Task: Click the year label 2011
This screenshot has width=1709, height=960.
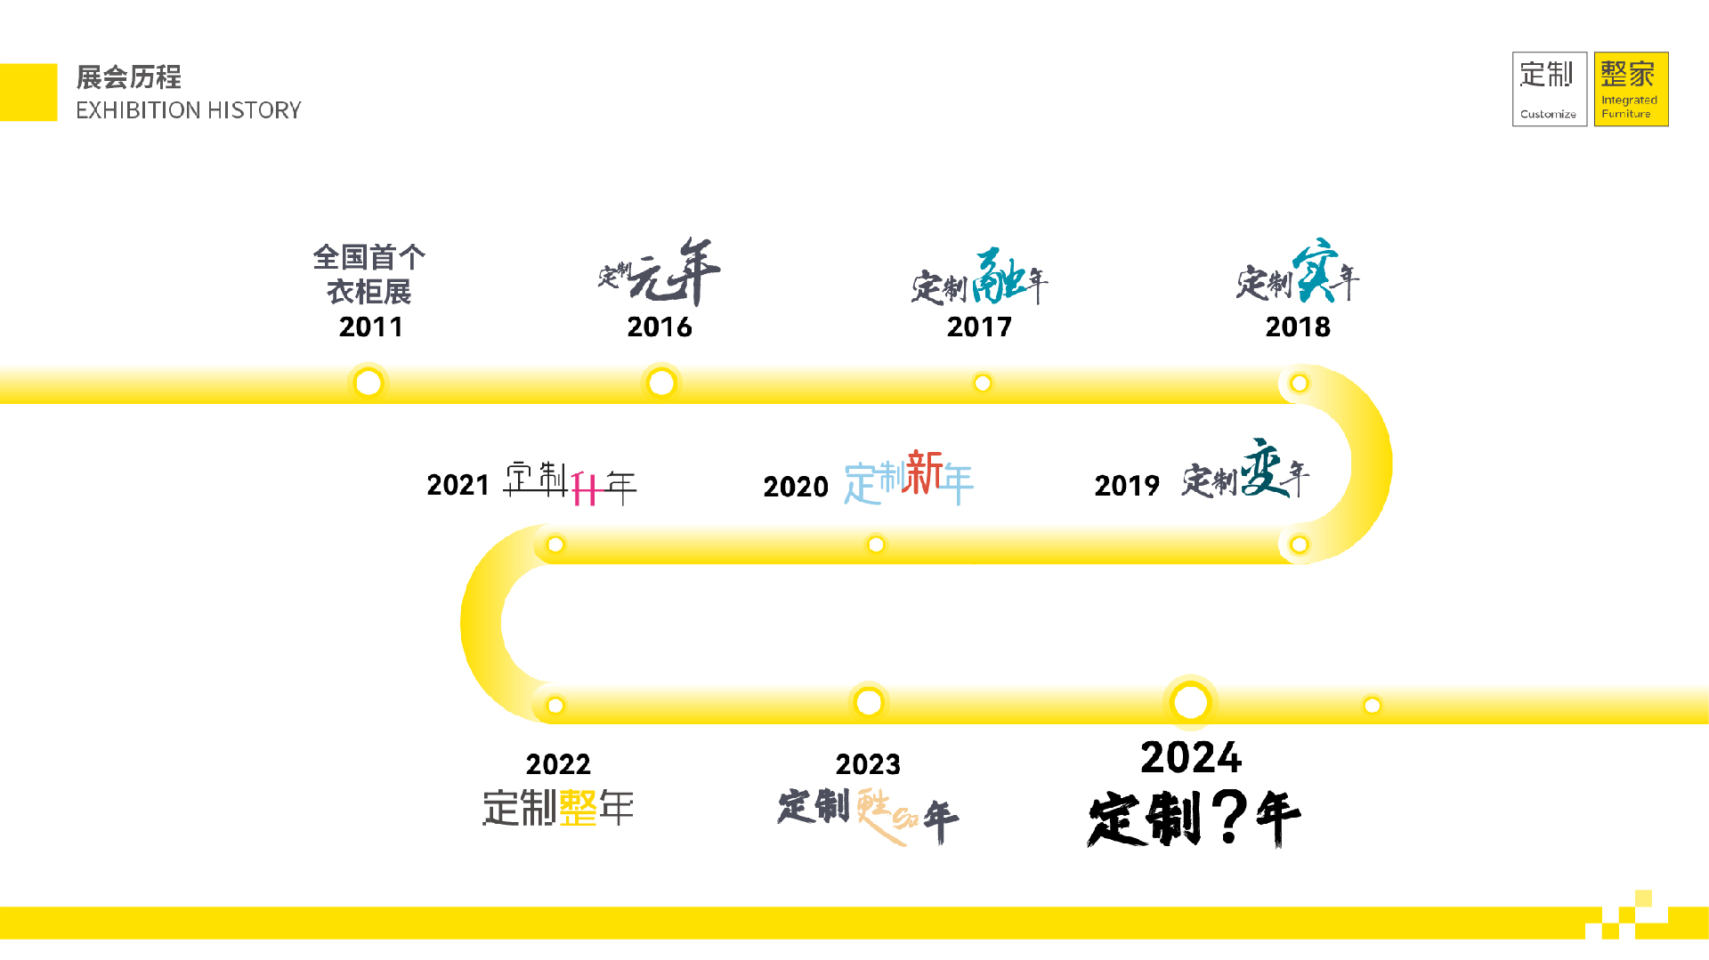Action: [x=371, y=327]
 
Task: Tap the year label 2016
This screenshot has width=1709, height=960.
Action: [x=660, y=327]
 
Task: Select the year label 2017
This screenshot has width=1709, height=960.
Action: [x=979, y=327]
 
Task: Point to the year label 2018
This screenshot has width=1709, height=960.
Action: [x=1298, y=327]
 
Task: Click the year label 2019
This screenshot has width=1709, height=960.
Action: [x=1127, y=486]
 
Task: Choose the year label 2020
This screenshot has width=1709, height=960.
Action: [x=796, y=487]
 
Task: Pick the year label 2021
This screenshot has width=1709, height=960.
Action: [x=458, y=485]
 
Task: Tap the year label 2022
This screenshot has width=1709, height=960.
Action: [x=558, y=764]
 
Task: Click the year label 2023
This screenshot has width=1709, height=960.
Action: [x=868, y=764]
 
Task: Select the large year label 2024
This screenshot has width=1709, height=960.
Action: [x=1191, y=758]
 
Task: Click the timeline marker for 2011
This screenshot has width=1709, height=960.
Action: [x=369, y=383]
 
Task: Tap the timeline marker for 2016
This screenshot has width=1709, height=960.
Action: [x=661, y=383]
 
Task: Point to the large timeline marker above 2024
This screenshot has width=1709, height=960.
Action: [x=1191, y=702]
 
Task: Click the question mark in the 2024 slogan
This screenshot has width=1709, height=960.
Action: [x=1229, y=817]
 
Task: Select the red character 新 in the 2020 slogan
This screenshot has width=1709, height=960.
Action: [x=925, y=472]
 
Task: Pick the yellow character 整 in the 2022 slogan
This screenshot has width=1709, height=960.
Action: [x=579, y=808]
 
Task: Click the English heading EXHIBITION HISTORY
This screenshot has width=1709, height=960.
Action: [x=189, y=110]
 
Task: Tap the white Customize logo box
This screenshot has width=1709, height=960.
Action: [x=1549, y=89]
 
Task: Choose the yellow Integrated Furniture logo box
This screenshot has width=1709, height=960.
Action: [x=1631, y=89]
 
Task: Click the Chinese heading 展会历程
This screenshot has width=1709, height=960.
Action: [x=129, y=77]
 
